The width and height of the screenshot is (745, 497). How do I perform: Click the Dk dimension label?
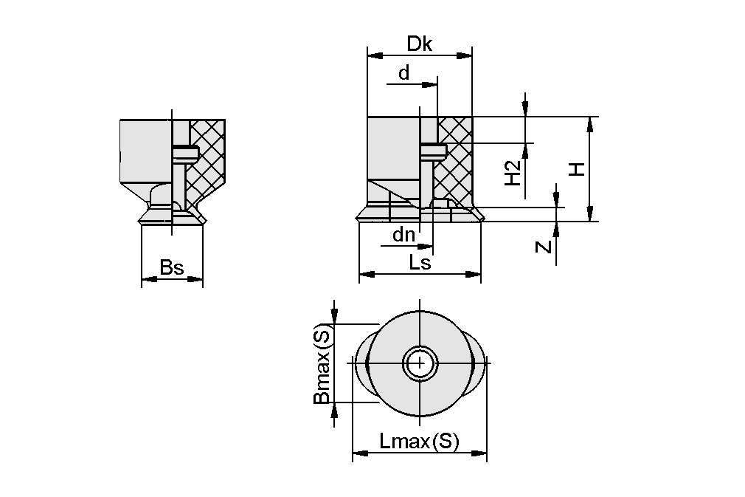[x=419, y=44]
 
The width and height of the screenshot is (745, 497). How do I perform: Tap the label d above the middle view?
[x=403, y=72]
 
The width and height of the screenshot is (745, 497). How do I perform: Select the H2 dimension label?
[x=513, y=174]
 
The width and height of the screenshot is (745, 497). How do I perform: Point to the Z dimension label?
[x=544, y=245]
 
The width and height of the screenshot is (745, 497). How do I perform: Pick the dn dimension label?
[x=403, y=236]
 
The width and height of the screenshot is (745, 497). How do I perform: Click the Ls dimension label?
[x=420, y=262]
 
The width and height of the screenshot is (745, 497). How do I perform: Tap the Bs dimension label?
[x=171, y=267]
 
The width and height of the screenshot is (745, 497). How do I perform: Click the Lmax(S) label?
[x=419, y=442]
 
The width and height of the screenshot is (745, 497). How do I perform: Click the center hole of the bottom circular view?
[x=420, y=363]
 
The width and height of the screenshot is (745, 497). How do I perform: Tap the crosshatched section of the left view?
[x=209, y=159]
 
